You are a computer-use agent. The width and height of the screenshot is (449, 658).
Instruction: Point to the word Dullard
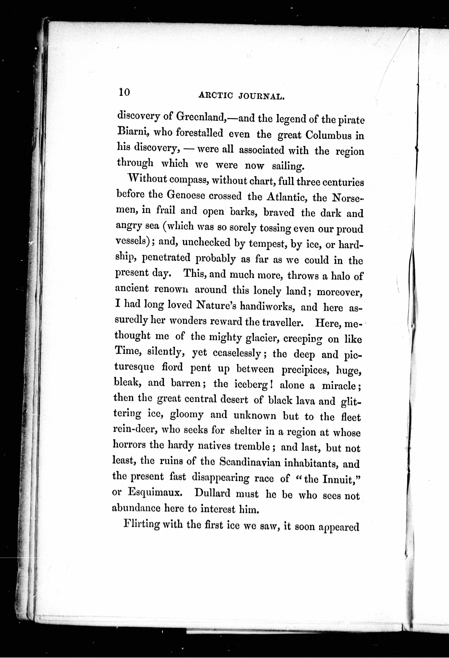212,494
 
